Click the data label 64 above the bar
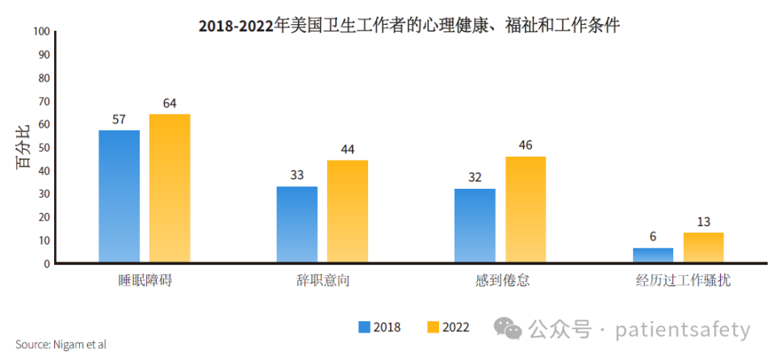(x=170, y=103)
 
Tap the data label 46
(x=526, y=145)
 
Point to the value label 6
(x=652, y=237)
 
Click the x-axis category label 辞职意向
(x=322, y=281)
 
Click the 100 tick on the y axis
(x=42, y=31)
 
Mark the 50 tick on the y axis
(x=44, y=148)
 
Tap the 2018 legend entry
(x=379, y=327)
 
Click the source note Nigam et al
(x=61, y=345)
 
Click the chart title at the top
(x=409, y=26)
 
